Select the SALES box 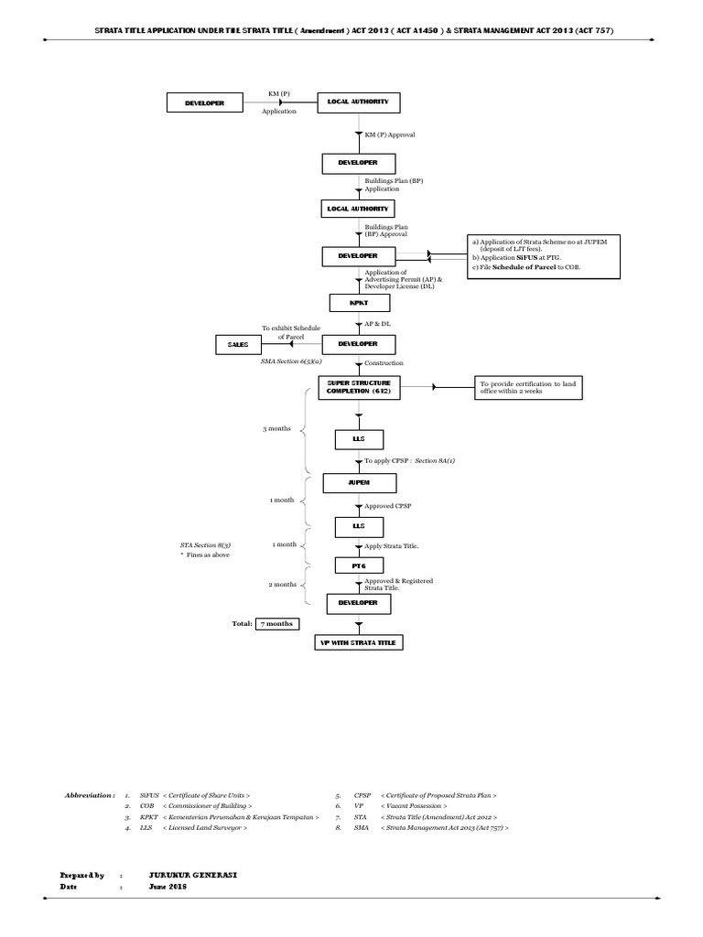232,344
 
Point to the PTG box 358,565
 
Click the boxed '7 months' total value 276,623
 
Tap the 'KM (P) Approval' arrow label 390,135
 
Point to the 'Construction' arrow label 384,363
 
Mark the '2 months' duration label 282,584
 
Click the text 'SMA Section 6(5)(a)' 291,361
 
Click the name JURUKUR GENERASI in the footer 193,875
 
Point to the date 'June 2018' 168,887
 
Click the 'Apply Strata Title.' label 392,545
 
